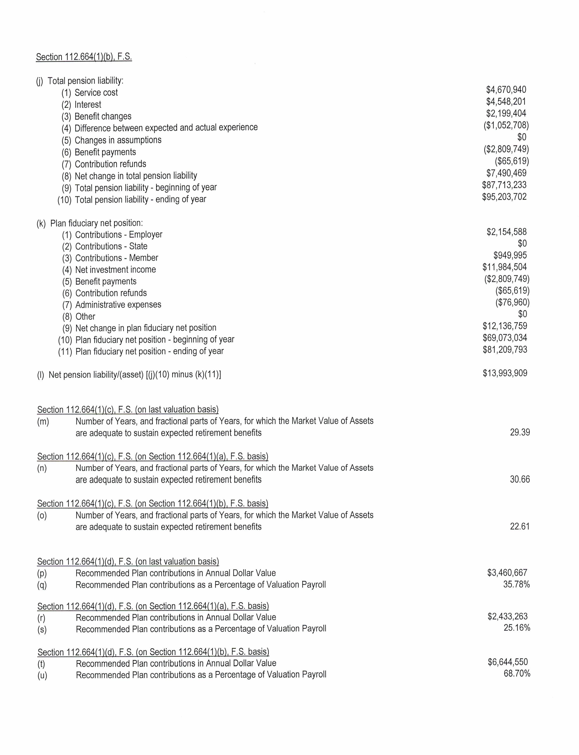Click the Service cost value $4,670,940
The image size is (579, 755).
click(x=506, y=90)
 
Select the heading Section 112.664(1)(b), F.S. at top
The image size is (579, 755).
click(x=84, y=57)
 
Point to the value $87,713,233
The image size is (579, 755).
click(x=504, y=185)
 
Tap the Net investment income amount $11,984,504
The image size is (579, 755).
click(x=504, y=267)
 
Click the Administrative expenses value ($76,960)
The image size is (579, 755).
click(x=512, y=302)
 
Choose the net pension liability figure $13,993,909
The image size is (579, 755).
click(x=505, y=373)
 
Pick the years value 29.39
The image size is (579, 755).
click(x=520, y=432)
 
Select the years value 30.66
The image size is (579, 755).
click(x=520, y=479)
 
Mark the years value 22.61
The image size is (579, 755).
click(x=520, y=527)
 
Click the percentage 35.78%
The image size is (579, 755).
click(x=516, y=585)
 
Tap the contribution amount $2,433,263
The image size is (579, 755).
click(x=507, y=616)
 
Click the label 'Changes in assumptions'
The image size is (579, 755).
click(x=118, y=140)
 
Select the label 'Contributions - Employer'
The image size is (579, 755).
click(x=119, y=235)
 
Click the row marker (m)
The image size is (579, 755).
click(x=43, y=422)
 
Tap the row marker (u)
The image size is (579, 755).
click(x=42, y=675)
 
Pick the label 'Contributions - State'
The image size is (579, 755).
click(x=111, y=246)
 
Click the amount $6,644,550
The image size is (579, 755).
click(x=507, y=662)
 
